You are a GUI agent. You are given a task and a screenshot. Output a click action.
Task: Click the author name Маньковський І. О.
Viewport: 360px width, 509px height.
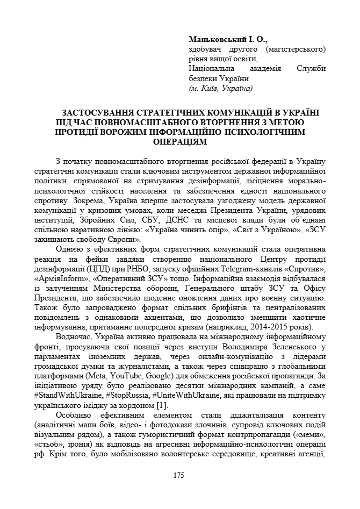[x=228, y=40]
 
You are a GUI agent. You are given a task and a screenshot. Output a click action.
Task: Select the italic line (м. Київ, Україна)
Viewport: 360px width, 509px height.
[x=220, y=88]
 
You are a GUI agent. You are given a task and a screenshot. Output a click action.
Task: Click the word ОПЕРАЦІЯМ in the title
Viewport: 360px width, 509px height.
[x=179, y=141]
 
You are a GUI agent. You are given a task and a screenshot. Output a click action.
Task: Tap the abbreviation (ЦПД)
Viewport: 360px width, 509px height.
[x=93, y=270]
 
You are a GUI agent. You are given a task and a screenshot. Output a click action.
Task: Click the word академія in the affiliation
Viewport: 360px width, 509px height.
[x=258, y=69]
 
